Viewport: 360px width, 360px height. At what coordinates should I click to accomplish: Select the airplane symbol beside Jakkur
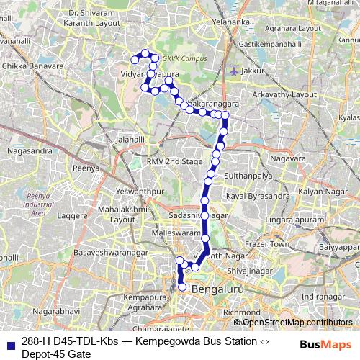(x=235, y=71)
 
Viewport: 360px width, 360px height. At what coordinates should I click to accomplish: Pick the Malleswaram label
(x=175, y=234)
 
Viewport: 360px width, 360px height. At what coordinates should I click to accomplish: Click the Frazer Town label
(x=269, y=245)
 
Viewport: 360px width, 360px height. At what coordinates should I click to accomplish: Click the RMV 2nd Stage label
(x=174, y=162)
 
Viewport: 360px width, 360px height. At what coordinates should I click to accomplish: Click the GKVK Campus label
(x=184, y=58)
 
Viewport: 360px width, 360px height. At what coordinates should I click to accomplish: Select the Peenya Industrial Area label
(x=36, y=204)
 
